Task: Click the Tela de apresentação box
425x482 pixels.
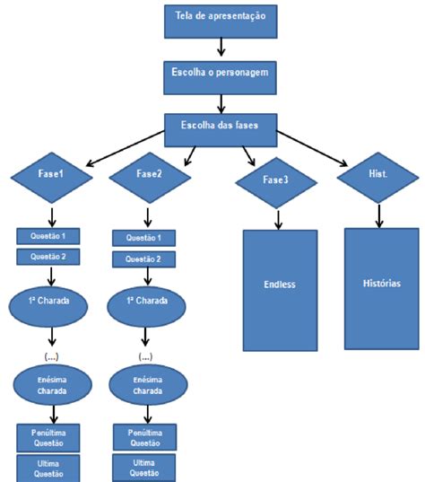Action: tap(221, 22)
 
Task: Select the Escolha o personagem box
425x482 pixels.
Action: tap(220, 78)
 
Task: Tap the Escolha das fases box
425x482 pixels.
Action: tap(221, 130)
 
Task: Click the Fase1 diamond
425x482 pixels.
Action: tap(52, 178)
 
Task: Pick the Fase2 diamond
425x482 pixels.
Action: tap(150, 178)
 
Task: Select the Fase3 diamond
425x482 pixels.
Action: tap(276, 183)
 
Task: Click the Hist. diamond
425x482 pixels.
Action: tap(378, 178)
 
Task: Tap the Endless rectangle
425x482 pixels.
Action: tap(280, 291)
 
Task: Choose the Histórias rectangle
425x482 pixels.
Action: tap(382, 289)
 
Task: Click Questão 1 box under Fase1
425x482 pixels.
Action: tap(48, 236)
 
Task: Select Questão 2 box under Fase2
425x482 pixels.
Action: tap(144, 259)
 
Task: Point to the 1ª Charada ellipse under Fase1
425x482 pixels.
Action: tap(48, 306)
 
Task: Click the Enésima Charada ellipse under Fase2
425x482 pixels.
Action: tap(148, 384)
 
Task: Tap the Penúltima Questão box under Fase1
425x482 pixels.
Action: tap(48, 438)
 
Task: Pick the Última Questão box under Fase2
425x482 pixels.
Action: tap(144, 468)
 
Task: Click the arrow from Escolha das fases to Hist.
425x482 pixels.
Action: tap(312, 149)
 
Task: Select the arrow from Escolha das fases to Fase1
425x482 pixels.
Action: tap(126, 148)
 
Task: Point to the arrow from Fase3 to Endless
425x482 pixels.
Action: tap(278, 220)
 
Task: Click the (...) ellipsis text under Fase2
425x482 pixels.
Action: tap(145, 357)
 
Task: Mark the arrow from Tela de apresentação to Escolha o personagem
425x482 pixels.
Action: tap(221, 47)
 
